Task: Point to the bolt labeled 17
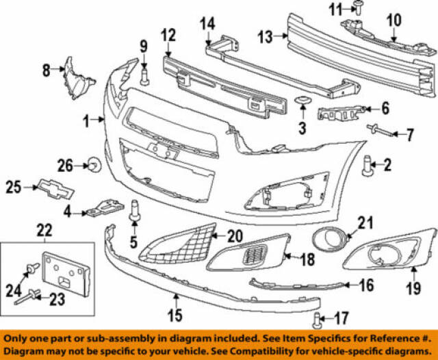tap(318, 318)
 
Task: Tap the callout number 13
tap(265, 37)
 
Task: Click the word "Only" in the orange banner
tap(18, 338)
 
